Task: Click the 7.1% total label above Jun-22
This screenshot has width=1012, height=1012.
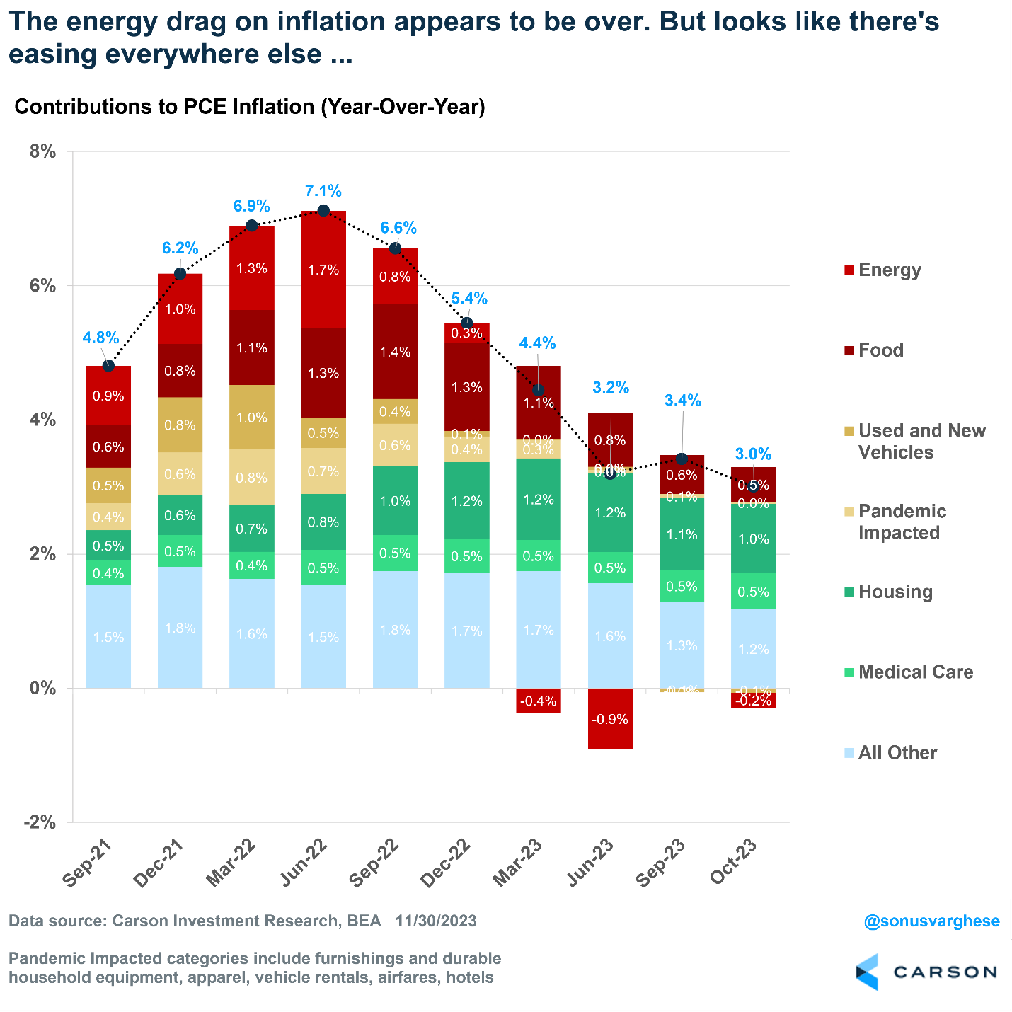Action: (323, 191)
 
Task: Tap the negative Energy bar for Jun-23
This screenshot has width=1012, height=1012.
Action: (610, 718)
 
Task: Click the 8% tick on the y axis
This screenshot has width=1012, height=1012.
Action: (42, 151)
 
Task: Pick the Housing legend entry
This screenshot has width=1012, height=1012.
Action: (895, 592)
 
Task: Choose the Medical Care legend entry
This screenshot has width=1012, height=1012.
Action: (915, 672)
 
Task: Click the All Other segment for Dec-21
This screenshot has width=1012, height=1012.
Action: (180, 627)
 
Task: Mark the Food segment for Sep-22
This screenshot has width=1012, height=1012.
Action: (395, 352)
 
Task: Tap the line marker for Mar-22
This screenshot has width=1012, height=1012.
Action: (252, 226)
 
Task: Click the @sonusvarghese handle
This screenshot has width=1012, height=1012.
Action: (931, 921)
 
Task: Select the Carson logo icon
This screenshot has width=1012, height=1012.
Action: (868, 972)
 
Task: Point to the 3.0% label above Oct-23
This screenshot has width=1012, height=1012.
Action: (753, 454)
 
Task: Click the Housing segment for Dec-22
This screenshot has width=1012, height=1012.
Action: (466, 500)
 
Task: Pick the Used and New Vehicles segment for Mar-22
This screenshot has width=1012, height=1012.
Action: (252, 417)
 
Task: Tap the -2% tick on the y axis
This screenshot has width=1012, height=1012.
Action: (40, 822)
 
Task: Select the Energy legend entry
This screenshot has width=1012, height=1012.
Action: (889, 270)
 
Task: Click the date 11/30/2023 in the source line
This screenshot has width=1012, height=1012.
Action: (436, 921)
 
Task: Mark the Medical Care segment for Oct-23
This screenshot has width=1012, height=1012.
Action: (753, 592)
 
